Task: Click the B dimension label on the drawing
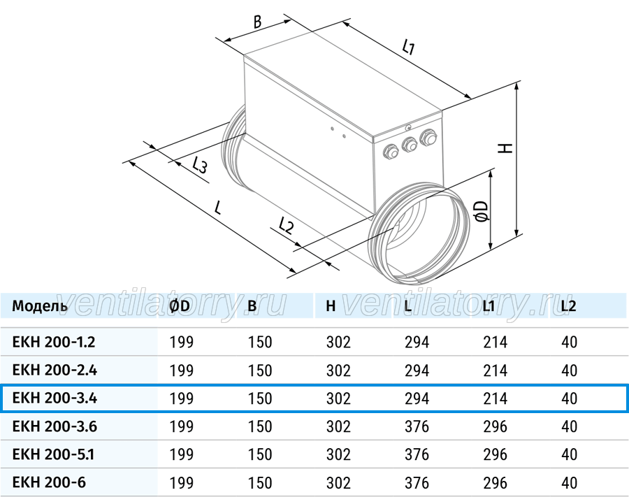[258, 22]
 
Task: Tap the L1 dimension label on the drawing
[408, 47]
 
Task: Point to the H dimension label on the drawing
[505, 147]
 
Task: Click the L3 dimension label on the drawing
[199, 165]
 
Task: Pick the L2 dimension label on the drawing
[286, 226]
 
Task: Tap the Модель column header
[40, 306]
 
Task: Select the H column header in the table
[331, 306]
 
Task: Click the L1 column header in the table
[489, 306]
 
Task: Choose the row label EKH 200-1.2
[54, 342]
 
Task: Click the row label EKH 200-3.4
[55, 398]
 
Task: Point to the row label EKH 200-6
[49, 482]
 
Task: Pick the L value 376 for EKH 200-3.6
[417, 426]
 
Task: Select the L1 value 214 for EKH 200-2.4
[495, 370]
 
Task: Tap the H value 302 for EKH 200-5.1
[338, 454]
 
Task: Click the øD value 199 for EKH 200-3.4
[181, 398]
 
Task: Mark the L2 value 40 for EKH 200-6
[569, 482]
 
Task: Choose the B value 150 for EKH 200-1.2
[260, 342]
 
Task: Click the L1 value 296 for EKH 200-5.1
[495, 454]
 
